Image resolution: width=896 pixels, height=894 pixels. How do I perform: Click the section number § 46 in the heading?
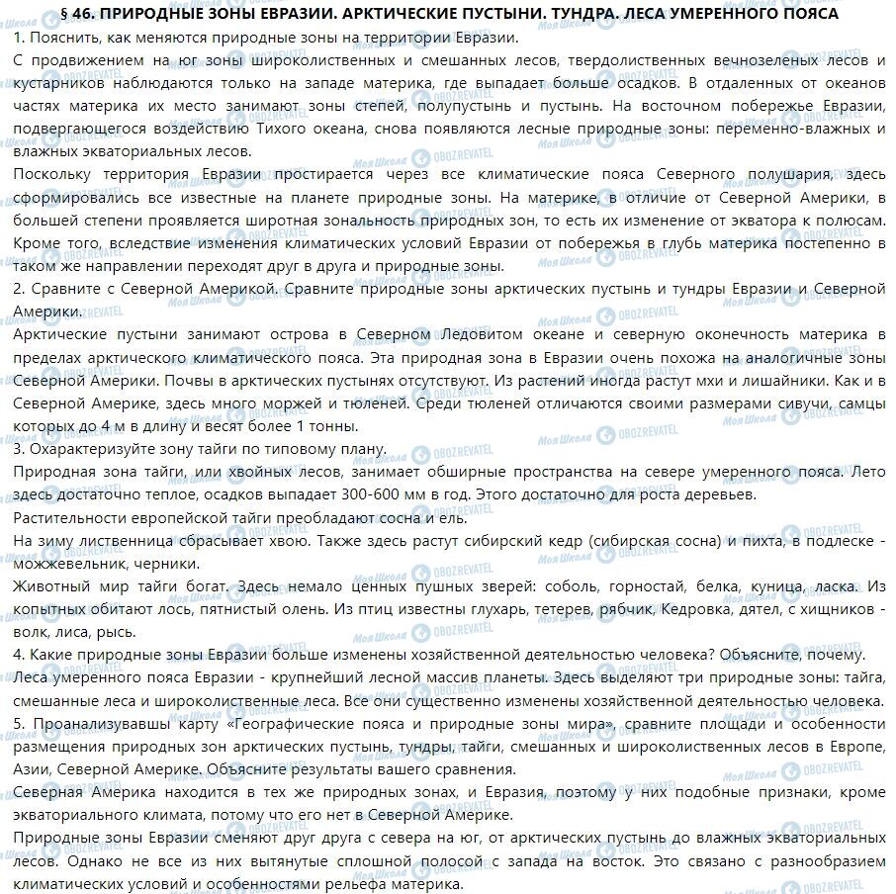[x=78, y=14]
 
